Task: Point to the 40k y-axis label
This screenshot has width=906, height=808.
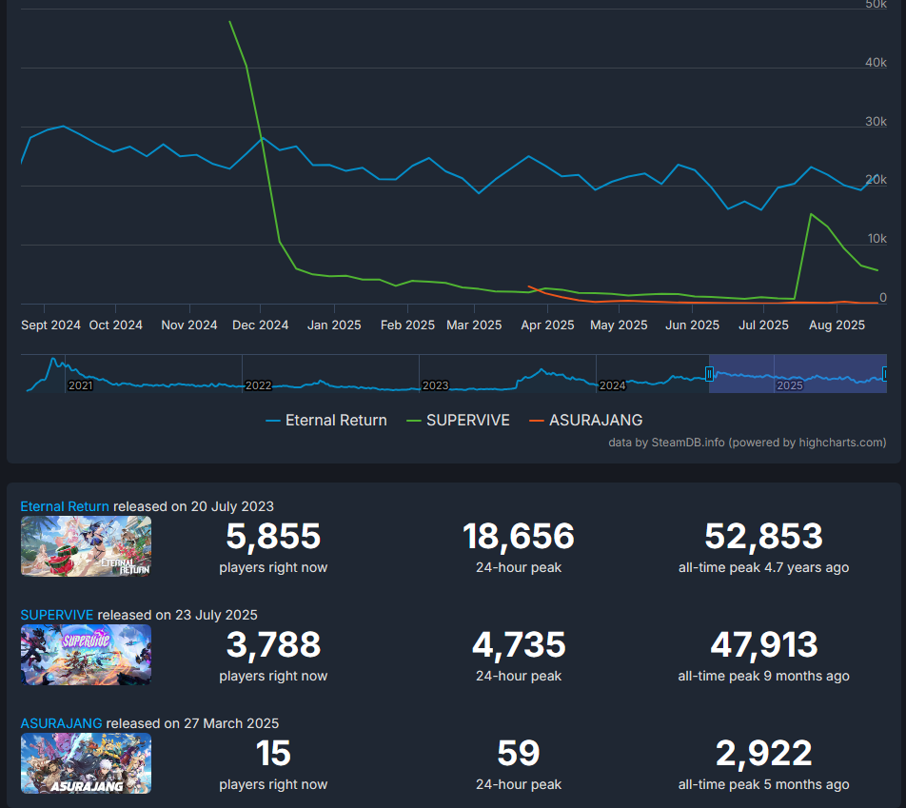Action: tap(876, 63)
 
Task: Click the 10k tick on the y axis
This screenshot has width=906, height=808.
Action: tap(876, 239)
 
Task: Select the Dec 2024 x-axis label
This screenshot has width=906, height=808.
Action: tap(261, 325)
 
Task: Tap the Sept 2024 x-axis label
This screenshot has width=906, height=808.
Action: tap(51, 325)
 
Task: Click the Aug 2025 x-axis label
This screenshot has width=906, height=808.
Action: tap(837, 325)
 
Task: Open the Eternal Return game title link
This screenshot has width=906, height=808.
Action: tap(65, 506)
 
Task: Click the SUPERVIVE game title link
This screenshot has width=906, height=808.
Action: tap(57, 615)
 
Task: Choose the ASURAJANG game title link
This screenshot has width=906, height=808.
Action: tap(61, 723)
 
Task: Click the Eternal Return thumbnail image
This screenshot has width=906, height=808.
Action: tap(86, 546)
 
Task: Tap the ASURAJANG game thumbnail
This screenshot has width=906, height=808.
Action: tap(86, 763)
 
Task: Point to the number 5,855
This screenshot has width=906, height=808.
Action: tap(273, 537)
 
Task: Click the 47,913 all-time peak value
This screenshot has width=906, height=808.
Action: tap(763, 645)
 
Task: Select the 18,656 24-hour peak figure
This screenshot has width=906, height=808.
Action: tap(519, 537)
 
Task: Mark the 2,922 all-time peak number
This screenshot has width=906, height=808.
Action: tap(763, 754)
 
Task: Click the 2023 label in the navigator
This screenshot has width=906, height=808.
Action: tap(436, 385)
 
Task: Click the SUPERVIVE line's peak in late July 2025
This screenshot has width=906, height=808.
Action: tap(810, 214)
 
